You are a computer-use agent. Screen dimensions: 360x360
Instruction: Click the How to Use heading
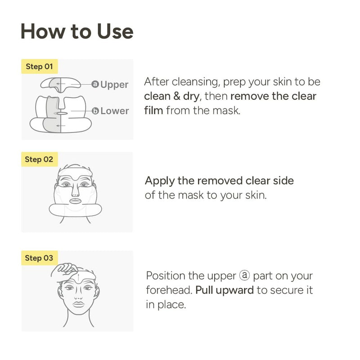pyautogui.click(x=77, y=31)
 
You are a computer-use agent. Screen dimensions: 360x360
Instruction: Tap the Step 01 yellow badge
pyautogui.click(x=39, y=67)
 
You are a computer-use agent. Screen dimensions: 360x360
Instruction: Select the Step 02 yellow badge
pyautogui.click(x=39, y=159)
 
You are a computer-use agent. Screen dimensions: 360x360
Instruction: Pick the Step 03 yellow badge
pyautogui.click(x=39, y=258)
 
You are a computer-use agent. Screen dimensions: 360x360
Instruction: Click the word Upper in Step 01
pyautogui.click(x=114, y=85)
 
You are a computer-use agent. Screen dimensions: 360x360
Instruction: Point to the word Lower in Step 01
pyautogui.click(x=114, y=111)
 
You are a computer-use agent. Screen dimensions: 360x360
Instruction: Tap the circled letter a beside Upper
pyautogui.click(x=95, y=84)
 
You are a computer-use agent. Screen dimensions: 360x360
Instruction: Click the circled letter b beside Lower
pyautogui.click(x=95, y=111)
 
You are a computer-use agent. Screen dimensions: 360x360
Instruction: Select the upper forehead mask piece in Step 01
pyautogui.click(x=60, y=83)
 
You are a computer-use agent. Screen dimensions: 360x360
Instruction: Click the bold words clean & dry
pyautogui.click(x=172, y=96)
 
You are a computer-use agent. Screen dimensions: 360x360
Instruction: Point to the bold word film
pyautogui.click(x=153, y=110)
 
